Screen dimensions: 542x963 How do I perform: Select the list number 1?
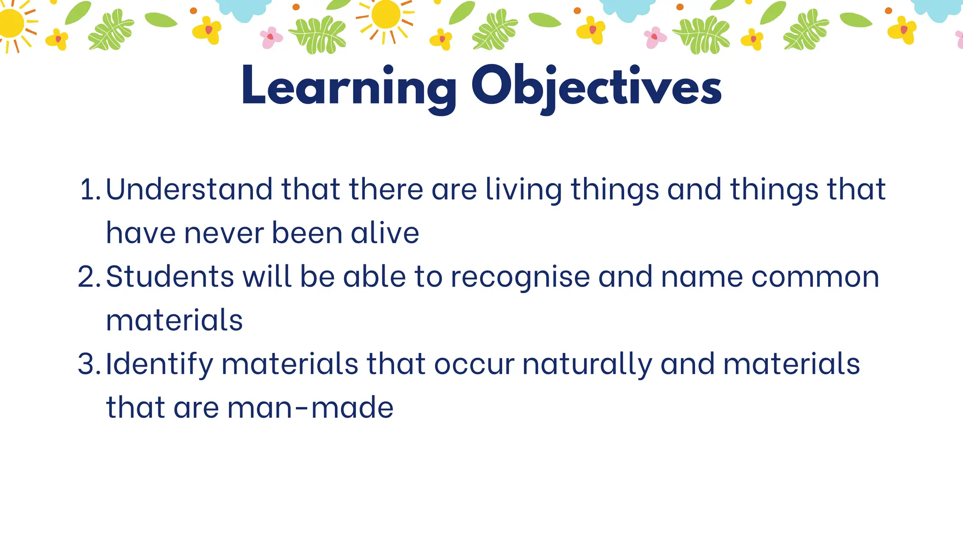[89, 190]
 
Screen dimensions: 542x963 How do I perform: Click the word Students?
[170, 277]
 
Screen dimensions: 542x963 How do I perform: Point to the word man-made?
[310, 407]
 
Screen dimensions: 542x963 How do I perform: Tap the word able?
[374, 277]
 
